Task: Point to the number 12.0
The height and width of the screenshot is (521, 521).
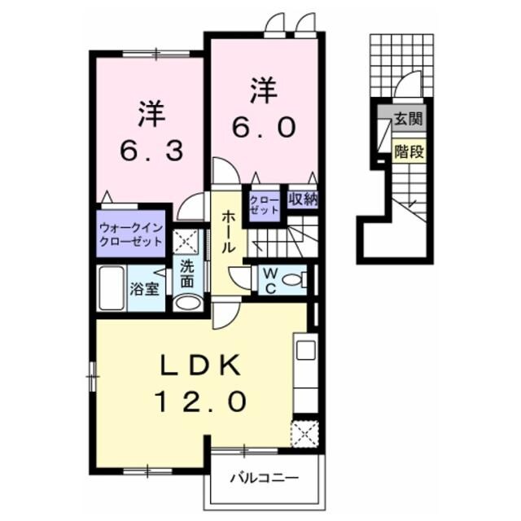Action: [199, 401]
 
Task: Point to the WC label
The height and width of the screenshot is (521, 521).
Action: [269, 279]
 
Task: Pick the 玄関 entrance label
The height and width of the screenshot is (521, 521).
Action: [408, 119]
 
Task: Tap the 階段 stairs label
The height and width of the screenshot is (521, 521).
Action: [408, 151]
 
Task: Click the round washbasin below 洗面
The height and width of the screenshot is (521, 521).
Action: [186, 304]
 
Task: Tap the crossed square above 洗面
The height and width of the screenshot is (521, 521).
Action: [187, 242]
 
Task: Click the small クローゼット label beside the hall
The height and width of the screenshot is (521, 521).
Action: [265, 204]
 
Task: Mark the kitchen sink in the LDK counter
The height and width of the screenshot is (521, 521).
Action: [305, 351]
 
